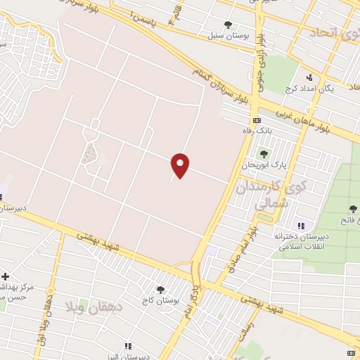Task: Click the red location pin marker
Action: [x=181, y=165]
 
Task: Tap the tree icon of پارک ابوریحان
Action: [x=264, y=154]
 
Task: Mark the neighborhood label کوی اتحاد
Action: [x=327, y=33]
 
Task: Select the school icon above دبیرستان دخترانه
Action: [x=302, y=226]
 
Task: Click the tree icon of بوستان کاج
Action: [x=160, y=289]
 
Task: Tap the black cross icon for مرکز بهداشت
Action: [x=6, y=276]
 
